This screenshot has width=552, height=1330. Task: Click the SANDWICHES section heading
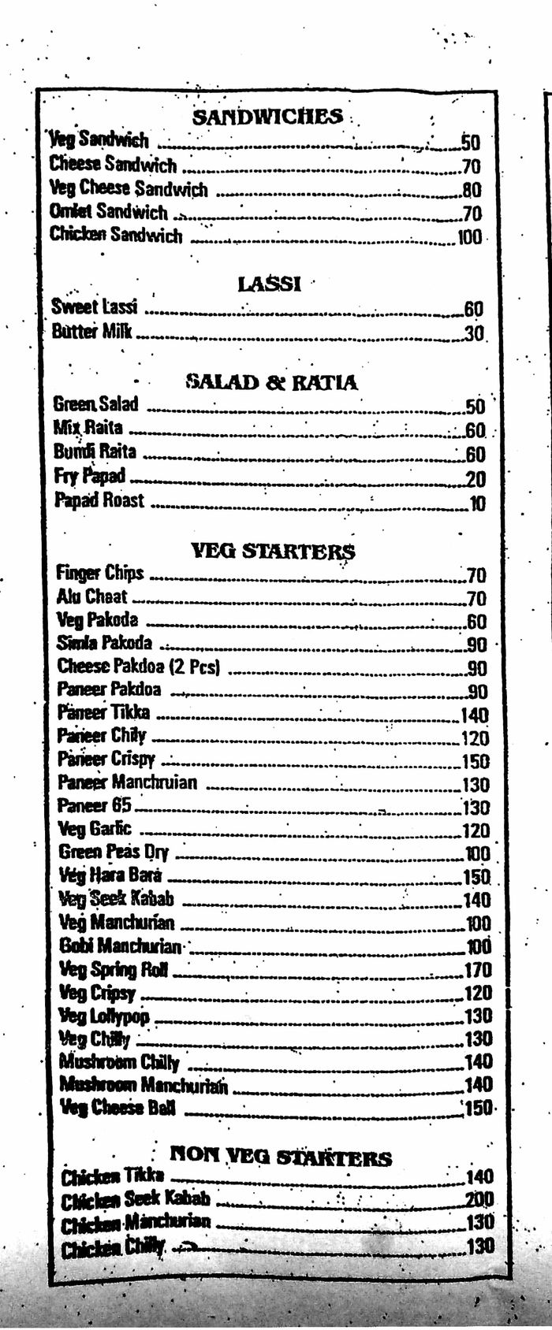point(268,117)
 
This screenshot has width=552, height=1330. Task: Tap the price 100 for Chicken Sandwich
point(469,236)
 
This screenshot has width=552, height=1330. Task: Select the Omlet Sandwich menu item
point(109,212)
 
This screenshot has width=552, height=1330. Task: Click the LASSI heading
point(269,284)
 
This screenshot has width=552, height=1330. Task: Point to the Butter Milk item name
point(91,331)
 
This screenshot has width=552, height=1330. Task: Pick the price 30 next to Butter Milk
point(474,333)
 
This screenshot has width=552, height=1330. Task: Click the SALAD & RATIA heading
point(271,383)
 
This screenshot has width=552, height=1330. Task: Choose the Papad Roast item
point(99,500)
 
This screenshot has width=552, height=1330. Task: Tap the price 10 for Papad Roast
point(478,504)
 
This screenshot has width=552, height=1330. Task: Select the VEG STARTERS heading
point(273,551)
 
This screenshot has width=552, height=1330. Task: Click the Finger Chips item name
point(100,573)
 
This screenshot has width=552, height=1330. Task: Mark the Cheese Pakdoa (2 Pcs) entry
point(138,667)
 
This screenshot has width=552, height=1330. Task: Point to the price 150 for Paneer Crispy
point(476,761)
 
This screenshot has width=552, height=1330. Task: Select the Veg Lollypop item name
point(104,1016)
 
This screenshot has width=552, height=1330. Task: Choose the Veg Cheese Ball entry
point(118,1108)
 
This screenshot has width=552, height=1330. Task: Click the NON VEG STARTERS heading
point(281,1157)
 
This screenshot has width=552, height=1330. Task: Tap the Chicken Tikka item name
point(113,1176)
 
